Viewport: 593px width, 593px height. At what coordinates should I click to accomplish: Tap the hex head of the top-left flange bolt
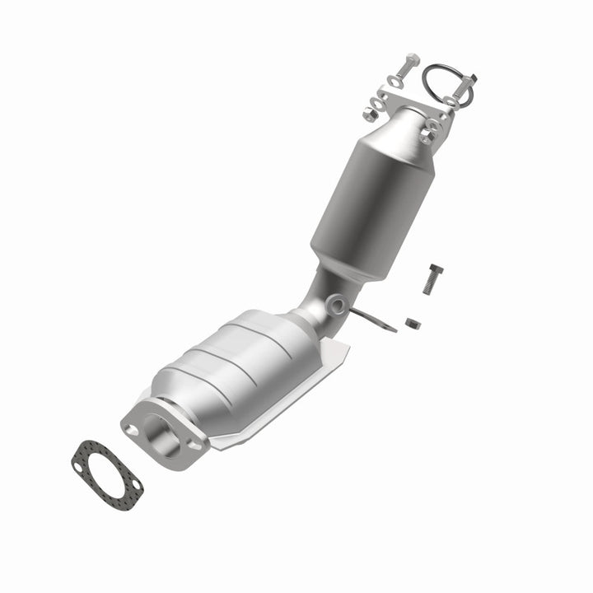(410, 62)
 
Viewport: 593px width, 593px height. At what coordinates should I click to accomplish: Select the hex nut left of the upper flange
(373, 105)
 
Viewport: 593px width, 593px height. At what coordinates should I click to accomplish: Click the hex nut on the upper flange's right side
(431, 128)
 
